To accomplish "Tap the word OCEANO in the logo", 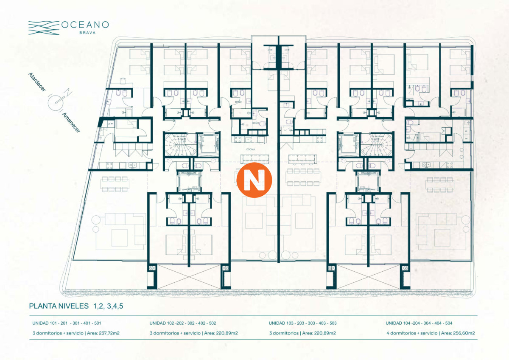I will click(x=85, y=25).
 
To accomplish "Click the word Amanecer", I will click(x=71, y=122).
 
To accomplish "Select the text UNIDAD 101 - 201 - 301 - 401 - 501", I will click(x=67, y=323).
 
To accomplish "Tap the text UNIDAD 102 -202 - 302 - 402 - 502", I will click(x=183, y=323).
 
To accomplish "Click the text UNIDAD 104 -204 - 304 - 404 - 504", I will click(x=419, y=323).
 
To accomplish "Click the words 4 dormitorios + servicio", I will click(x=411, y=333).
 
